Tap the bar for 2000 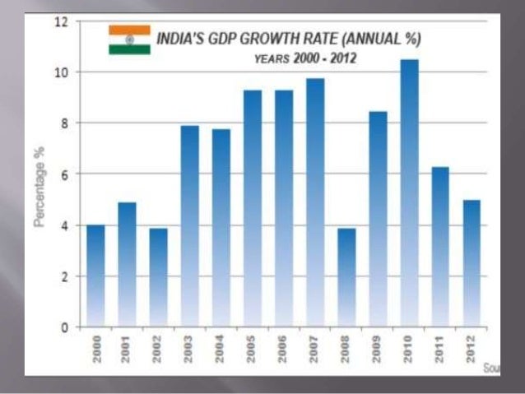95,276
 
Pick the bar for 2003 189,226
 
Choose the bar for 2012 472,263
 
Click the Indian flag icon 129,39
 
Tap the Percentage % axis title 39,188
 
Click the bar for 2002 158,277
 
